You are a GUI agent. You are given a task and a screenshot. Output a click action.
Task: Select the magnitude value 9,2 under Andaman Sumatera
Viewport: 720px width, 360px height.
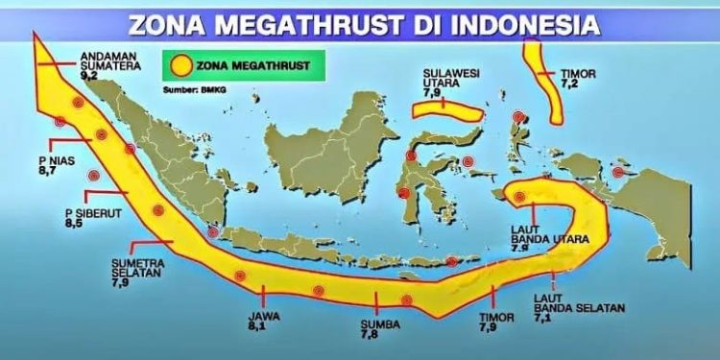[x=89, y=74]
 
